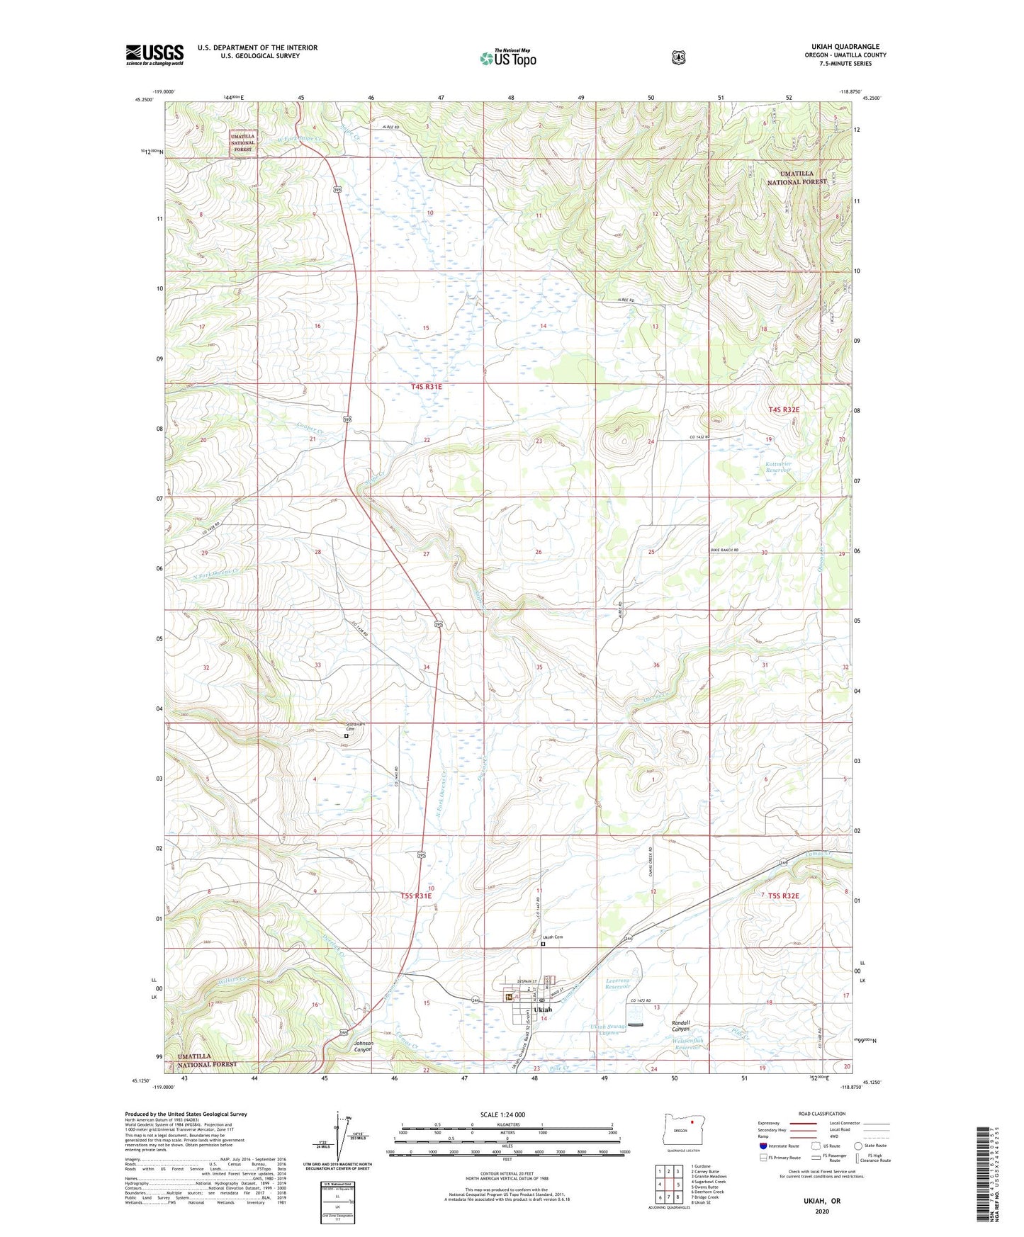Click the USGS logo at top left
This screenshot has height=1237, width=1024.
click(x=154, y=55)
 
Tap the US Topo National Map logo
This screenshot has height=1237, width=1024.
click(x=508, y=57)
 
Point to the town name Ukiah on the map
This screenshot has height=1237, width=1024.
click(x=542, y=1010)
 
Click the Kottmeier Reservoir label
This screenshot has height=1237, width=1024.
click(x=777, y=467)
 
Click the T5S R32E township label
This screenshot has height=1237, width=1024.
click(x=783, y=896)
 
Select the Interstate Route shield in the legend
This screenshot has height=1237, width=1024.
click(x=763, y=1145)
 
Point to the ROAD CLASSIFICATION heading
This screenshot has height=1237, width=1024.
click(x=821, y=1114)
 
